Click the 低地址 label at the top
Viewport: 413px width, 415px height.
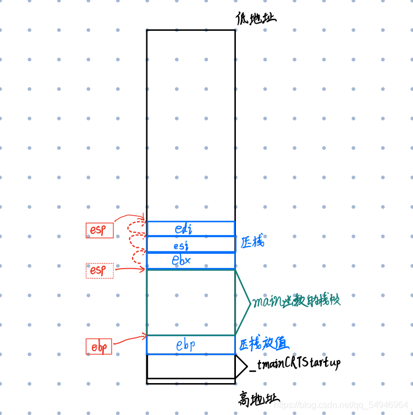click(x=255, y=19)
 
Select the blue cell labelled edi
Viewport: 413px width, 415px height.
click(x=190, y=228)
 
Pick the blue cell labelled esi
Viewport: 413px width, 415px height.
click(x=190, y=244)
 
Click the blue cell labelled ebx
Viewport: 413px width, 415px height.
click(x=190, y=261)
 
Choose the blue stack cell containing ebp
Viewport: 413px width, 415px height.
click(x=190, y=345)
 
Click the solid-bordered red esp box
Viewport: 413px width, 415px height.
click(x=100, y=230)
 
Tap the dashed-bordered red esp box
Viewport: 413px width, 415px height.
click(x=100, y=271)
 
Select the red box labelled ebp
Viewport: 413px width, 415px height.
click(x=99, y=347)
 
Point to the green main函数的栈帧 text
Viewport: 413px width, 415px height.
click(x=296, y=302)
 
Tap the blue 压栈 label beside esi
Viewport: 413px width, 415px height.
click(x=252, y=242)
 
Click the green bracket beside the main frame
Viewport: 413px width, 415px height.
click(x=243, y=302)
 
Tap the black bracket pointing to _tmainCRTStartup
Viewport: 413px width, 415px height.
click(x=241, y=365)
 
